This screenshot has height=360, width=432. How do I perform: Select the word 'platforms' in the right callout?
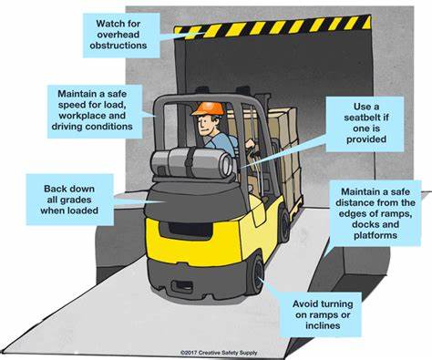[375, 239]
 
